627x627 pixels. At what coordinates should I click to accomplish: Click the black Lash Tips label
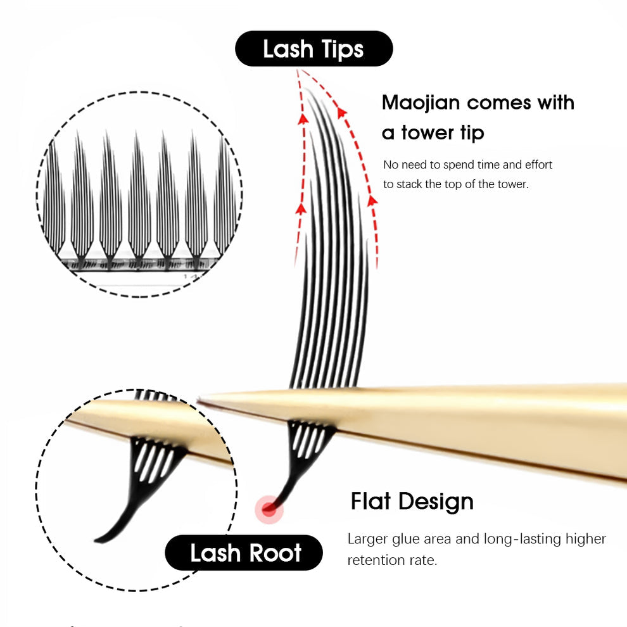coord(313,49)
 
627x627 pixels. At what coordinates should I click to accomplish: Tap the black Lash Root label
coord(244,553)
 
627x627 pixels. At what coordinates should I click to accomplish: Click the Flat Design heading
coord(412,502)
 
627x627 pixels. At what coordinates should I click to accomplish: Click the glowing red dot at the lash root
coord(269,509)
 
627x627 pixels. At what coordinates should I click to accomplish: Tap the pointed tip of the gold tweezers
coord(201,400)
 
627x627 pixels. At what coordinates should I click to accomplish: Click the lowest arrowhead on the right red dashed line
coord(372,201)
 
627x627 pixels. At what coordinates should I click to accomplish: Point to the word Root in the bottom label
coord(274,553)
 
